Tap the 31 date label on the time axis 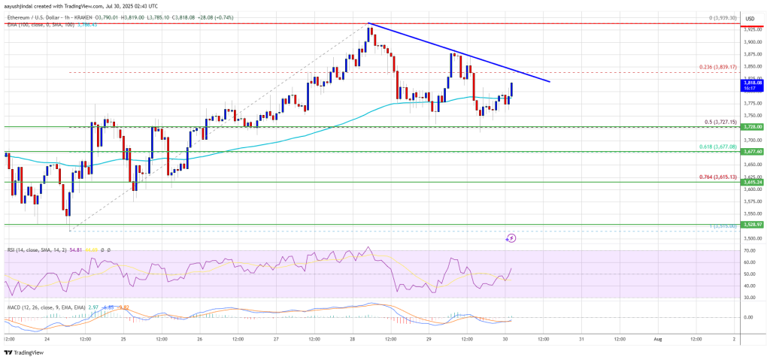[581, 338]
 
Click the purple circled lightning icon [511, 237]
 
